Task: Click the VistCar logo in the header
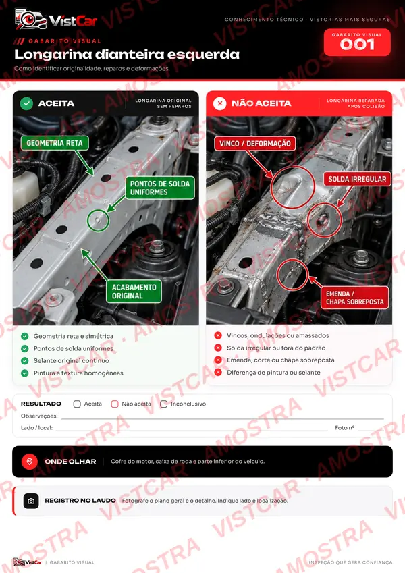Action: (x=56, y=20)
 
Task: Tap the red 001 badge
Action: (x=357, y=43)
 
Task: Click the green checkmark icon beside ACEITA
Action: (x=26, y=103)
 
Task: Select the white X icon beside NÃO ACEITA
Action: (x=219, y=103)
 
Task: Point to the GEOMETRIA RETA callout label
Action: (x=55, y=143)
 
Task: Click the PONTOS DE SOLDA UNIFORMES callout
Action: (x=160, y=188)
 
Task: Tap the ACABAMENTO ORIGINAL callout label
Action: (x=134, y=292)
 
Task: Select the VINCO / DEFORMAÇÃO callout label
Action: (x=254, y=143)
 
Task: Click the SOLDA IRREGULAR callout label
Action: (x=357, y=179)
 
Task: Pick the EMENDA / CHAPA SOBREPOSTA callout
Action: (x=354, y=298)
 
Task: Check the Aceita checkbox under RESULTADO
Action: (x=77, y=404)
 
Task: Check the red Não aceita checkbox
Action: (x=114, y=404)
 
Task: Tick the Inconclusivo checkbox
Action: (x=163, y=404)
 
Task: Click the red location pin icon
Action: (x=30, y=462)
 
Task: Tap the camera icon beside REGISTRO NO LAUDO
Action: (x=31, y=501)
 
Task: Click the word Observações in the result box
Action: (x=39, y=416)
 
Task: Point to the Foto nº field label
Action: (x=345, y=428)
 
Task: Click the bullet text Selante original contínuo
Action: (x=72, y=360)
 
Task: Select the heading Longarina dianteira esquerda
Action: (x=127, y=54)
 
